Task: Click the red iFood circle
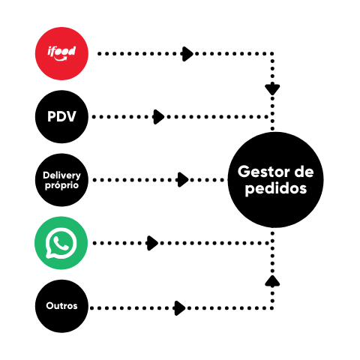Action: pyautogui.click(x=61, y=53)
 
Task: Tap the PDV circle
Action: pyautogui.click(x=61, y=117)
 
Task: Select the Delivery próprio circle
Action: pyautogui.click(x=61, y=180)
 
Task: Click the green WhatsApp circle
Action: pyautogui.click(x=61, y=243)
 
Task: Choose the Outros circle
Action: pyautogui.click(x=61, y=306)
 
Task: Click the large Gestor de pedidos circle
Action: pyautogui.click(x=275, y=180)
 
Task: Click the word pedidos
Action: pyautogui.click(x=276, y=189)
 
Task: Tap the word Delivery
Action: pyautogui.click(x=61, y=175)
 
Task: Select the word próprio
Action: pyautogui.click(x=61, y=185)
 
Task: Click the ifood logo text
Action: pyautogui.click(x=61, y=51)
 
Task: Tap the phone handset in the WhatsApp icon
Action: pyautogui.click(x=61, y=243)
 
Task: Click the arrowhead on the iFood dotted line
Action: pyautogui.click(x=187, y=54)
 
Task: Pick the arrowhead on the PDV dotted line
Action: pyautogui.click(x=158, y=117)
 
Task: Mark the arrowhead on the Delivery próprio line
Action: pyautogui.click(x=183, y=180)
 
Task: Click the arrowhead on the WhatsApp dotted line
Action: pyautogui.click(x=152, y=243)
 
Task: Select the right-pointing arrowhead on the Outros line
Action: pyautogui.click(x=180, y=308)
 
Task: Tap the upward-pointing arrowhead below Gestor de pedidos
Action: pyautogui.click(x=272, y=280)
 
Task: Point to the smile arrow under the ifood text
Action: pyautogui.click(x=61, y=59)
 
